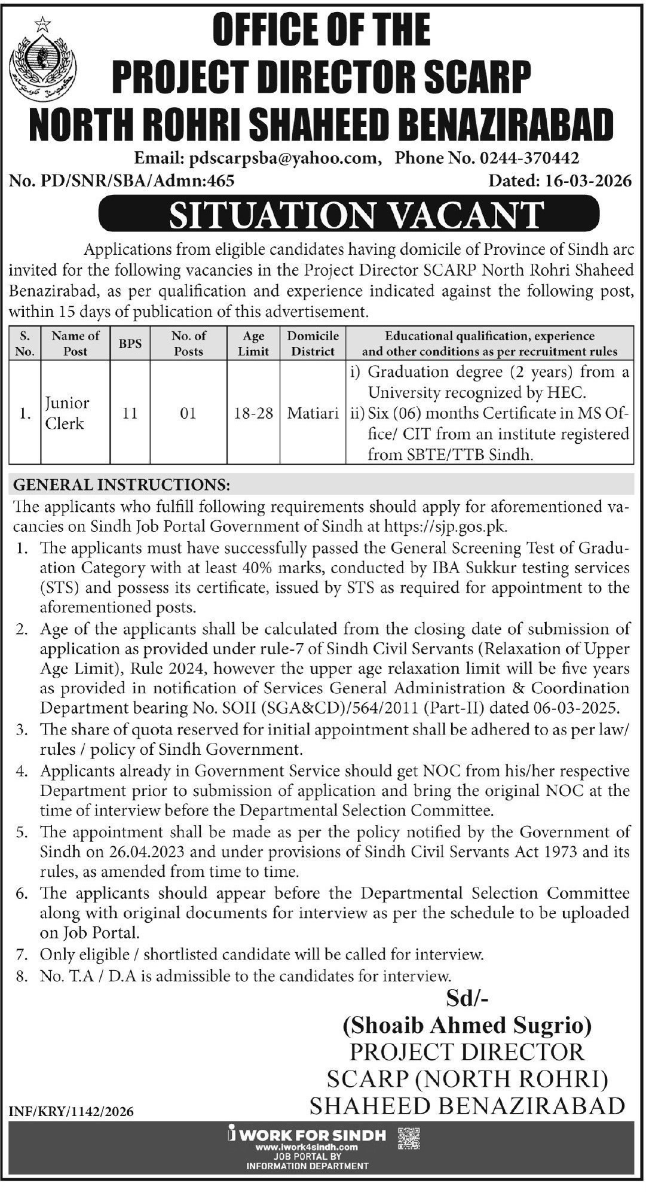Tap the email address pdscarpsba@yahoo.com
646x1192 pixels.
(x=283, y=158)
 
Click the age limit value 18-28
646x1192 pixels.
(x=254, y=413)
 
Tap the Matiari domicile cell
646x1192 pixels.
(x=313, y=413)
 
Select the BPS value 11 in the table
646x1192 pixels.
(x=130, y=413)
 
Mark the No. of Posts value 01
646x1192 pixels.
(x=188, y=413)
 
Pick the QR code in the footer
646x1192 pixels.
(x=409, y=1139)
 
